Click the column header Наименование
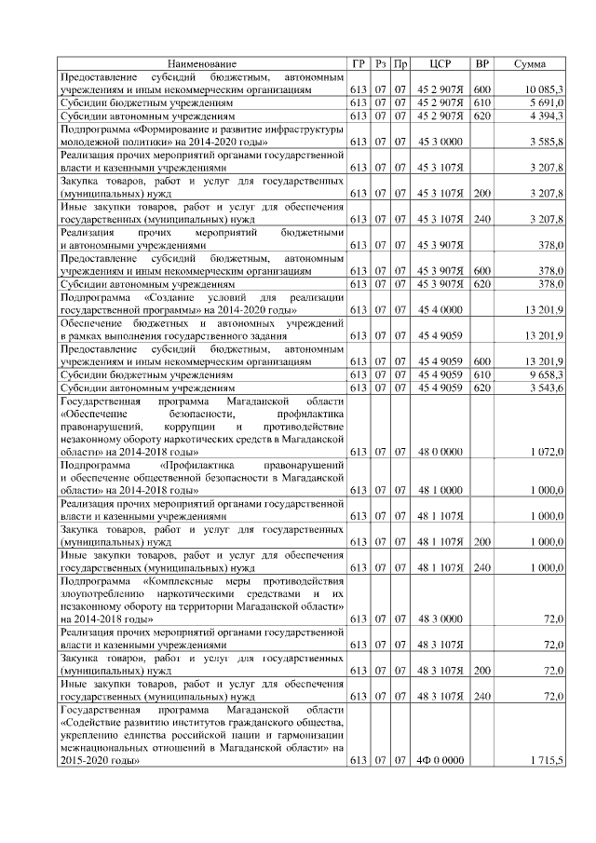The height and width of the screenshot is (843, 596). [202, 63]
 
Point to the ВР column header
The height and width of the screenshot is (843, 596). [482, 63]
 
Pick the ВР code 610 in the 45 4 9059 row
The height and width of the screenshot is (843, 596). [481, 374]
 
